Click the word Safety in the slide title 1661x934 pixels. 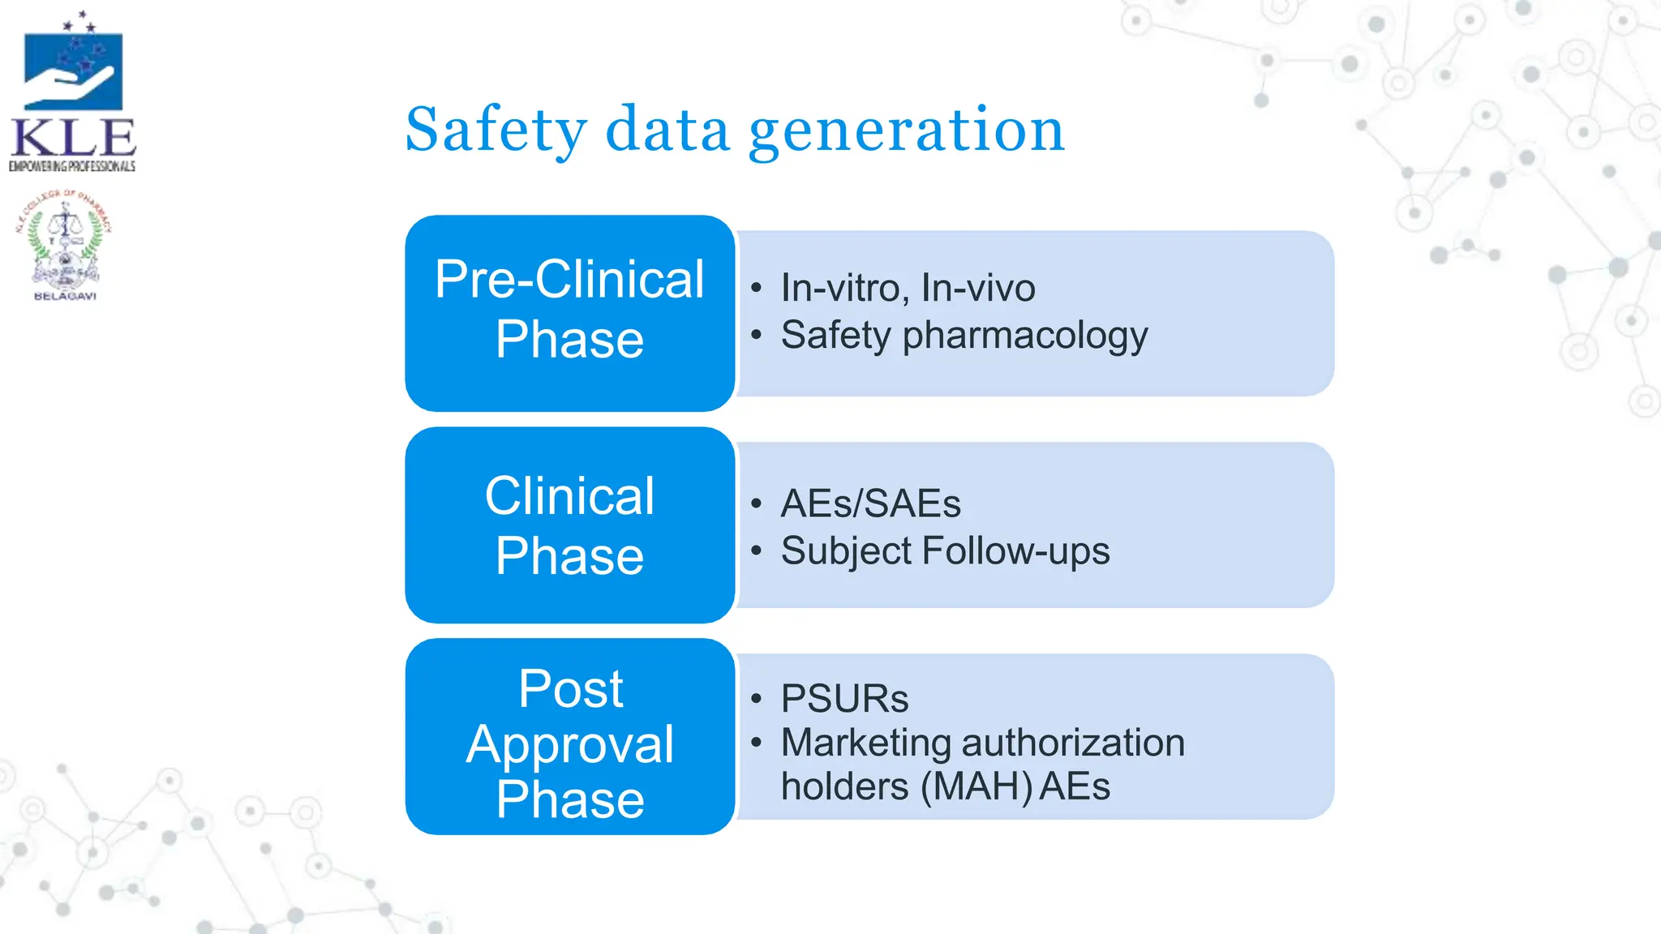(496, 130)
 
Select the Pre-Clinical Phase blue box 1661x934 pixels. (569, 312)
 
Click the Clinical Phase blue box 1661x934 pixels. (569, 525)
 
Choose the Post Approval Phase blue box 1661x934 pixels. (569, 736)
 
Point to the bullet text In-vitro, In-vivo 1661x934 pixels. (908, 288)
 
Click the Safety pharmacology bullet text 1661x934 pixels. (964, 335)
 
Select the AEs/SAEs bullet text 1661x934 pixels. (870, 503)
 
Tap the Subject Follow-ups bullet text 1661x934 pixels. (945, 551)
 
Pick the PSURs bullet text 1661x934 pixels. (844, 699)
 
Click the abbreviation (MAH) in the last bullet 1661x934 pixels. (976, 787)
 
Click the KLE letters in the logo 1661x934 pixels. (73, 138)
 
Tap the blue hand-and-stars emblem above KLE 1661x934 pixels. (73, 69)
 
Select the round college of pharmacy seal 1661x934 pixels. (64, 241)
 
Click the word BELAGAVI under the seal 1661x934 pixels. (65, 297)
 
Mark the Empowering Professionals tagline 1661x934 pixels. (72, 166)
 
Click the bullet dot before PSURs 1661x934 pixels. (757, 699)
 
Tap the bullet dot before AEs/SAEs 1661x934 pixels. (757, 503)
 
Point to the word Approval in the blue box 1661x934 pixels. (569, 744)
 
